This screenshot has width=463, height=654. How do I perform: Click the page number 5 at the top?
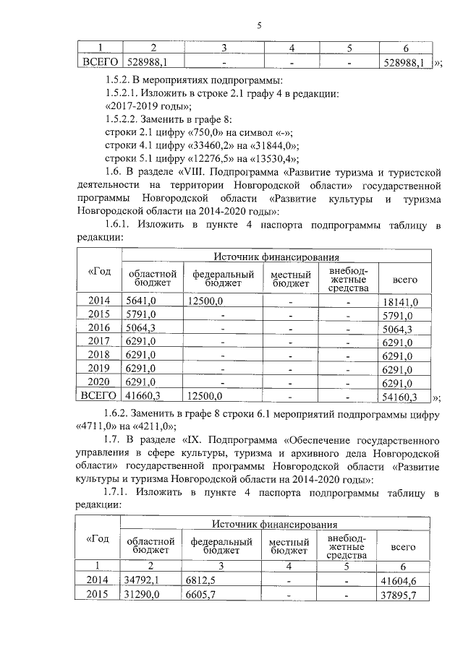(258, 26)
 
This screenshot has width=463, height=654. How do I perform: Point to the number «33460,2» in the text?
(200, 146)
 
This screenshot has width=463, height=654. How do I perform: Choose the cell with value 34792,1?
(142, 580)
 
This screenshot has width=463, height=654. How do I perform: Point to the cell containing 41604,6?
(404, 580)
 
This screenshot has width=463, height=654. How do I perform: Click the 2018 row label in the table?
(98, 355)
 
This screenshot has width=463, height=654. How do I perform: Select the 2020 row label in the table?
(98, 382)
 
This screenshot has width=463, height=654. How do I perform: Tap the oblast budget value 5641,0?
(141, 301)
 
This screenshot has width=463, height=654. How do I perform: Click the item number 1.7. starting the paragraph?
(113, 440)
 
